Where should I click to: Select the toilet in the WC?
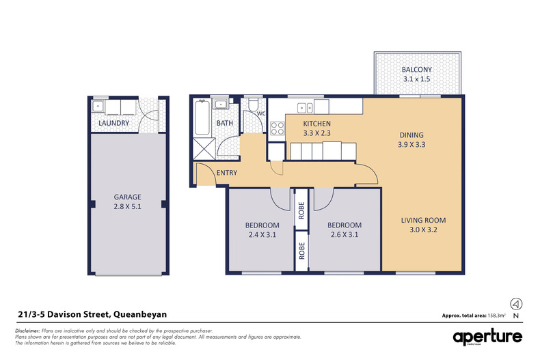tap(254, 107)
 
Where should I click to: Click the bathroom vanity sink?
tap(221, 105)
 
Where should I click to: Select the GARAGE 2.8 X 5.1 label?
tap(127, 203)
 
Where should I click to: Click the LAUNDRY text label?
tap(113, 124)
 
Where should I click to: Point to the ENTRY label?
tap(226, 173)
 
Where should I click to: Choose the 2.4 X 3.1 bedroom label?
tap(262, 230)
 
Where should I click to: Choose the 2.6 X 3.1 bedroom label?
tap(344, 230)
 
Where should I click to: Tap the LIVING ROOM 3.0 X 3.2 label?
tap(422, 225)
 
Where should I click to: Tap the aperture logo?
tap(487, 337)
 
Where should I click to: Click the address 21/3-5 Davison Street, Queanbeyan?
tap(92, 314)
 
